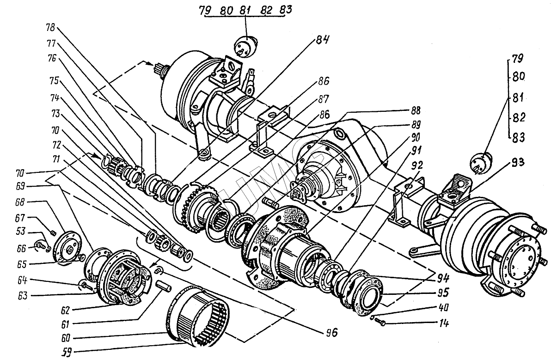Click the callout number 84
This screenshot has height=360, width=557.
coord(323,40)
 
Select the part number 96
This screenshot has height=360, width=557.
coord(331,332)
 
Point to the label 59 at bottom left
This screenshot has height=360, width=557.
coord(67,352)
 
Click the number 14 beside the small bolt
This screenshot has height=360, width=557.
coord(444,323)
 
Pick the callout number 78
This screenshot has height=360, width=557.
coord(50,27)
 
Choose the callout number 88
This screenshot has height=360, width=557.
coord(415,110)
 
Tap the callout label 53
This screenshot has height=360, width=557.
coord(20,231)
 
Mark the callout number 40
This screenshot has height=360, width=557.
coord(443,308)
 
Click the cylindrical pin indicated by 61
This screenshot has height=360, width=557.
coord(164,286)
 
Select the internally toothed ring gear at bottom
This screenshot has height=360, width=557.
coord(197,316)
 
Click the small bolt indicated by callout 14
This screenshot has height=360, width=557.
coord(380,322)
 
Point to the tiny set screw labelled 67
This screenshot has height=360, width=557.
coord(53,233)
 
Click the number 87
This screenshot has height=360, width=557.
coord(323,99)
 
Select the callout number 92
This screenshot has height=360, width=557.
coord(416,165)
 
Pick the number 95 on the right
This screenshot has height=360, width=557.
coord(443,293)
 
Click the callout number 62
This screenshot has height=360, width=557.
coord(65,310)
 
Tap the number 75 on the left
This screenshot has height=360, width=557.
coord(54,80)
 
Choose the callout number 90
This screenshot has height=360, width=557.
coord(415,137)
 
